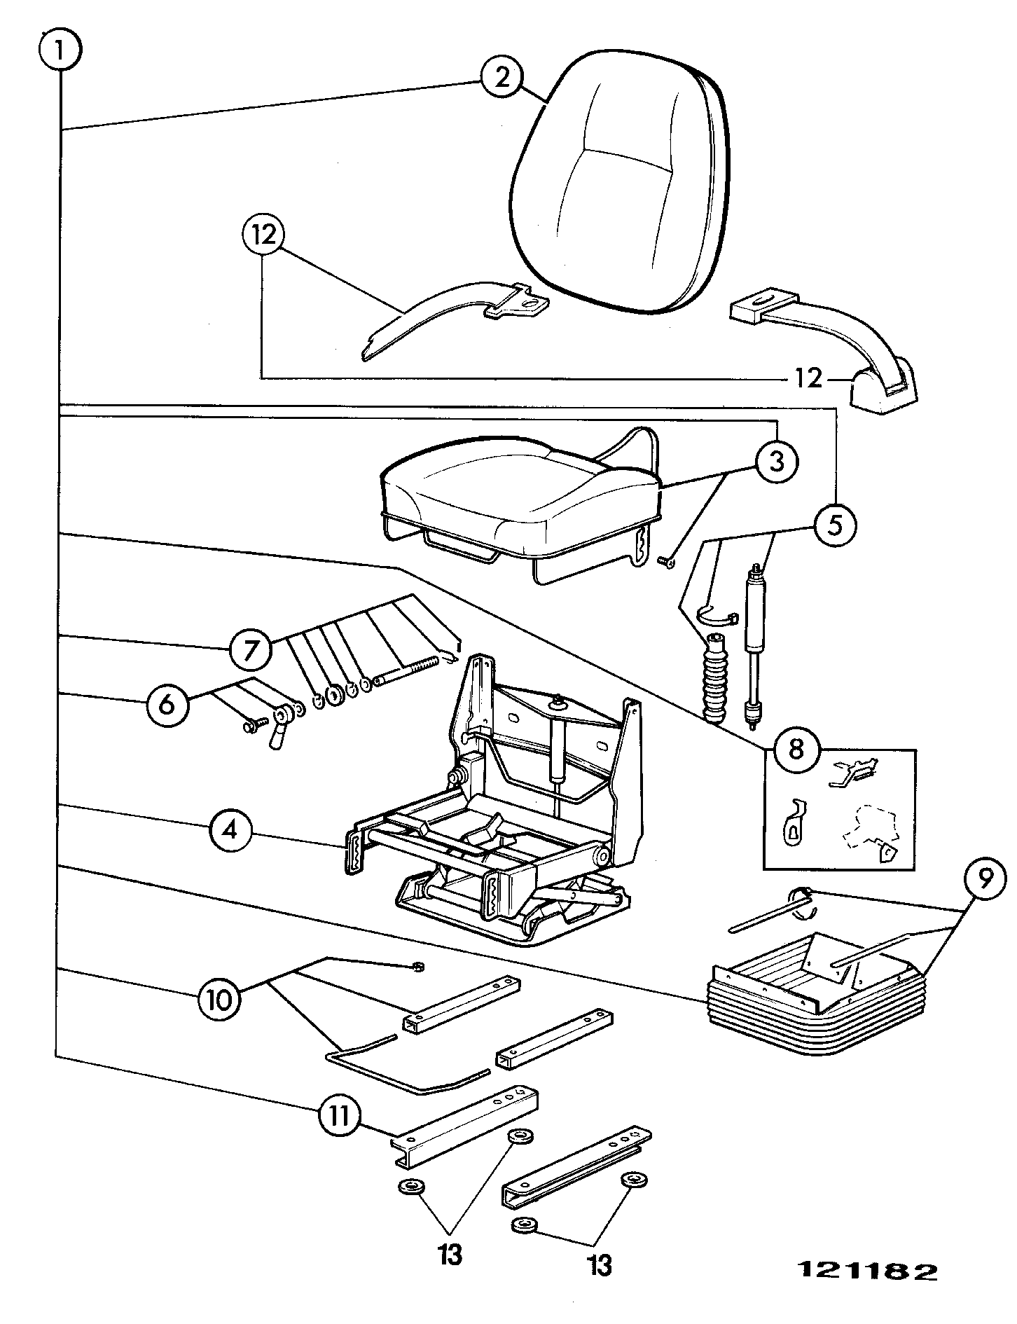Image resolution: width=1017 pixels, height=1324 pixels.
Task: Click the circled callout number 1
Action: tap(61, 50)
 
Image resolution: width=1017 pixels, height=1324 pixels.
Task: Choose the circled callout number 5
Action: tap(835, 525)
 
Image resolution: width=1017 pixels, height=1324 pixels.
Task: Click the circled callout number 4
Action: tap(230, 831)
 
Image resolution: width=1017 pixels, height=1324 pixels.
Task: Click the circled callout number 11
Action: tap(339, 1115)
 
